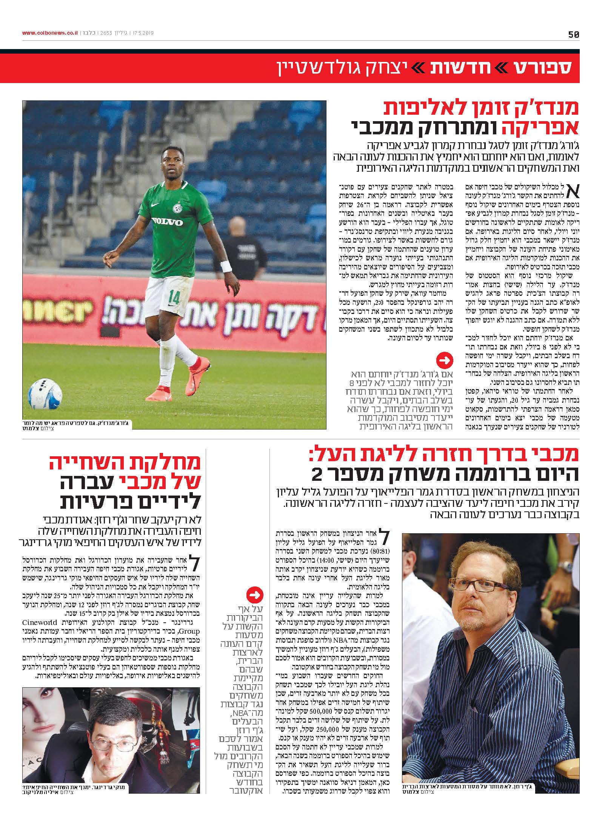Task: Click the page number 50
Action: [x=573, y=34]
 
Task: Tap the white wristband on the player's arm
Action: [x=226, y=266]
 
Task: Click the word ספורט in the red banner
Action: [x=547, y=68]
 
